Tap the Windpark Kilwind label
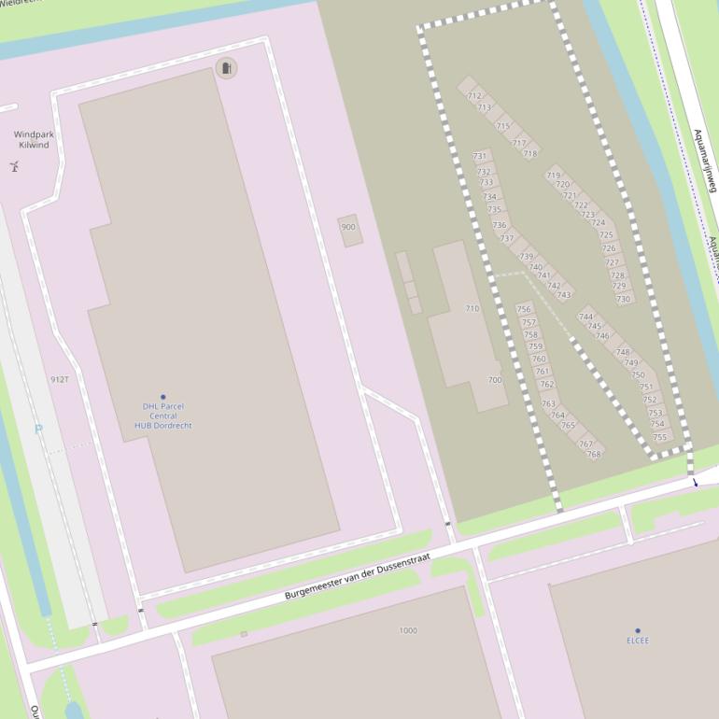pos(34,140)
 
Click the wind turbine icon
pos(14,167)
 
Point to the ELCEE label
pos(638,641)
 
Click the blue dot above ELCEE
pos(638,631)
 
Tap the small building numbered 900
pos(349,228)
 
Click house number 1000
pos(408,630)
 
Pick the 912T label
pos(60,380)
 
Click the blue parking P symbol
pos(38,430)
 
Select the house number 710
pos(472,309)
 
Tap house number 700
pos(494,380)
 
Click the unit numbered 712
pos(474,96)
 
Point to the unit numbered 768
pos(594,455)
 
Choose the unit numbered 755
pos(660,436)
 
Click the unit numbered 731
pos(480,156)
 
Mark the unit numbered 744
pos(585,317)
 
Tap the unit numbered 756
pos(524,309)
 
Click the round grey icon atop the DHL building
pos(226,67)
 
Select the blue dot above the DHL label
pos(162,397)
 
